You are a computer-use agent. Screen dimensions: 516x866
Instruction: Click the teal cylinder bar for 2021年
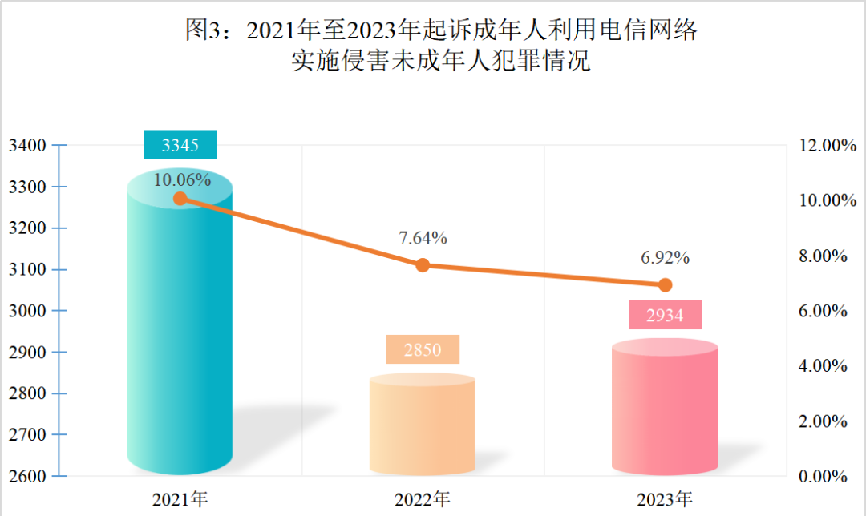(180, 337)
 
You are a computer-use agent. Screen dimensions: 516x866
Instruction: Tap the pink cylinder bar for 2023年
(665, 409)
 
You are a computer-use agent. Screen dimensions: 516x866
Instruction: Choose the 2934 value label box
(665, 315)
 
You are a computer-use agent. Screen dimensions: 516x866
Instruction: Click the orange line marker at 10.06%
(180, 199)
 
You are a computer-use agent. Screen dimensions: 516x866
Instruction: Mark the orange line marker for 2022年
(423, 265)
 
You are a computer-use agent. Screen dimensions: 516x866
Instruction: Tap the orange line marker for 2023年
(665, 284)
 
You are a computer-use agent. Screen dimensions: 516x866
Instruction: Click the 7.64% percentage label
(423, 238)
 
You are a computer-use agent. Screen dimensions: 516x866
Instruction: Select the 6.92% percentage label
(665, 258)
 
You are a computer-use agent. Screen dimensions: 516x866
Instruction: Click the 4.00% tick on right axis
(825, 366)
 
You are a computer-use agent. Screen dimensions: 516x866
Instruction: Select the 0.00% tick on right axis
(825, 476)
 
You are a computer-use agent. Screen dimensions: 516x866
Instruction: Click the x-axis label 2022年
(423, 500)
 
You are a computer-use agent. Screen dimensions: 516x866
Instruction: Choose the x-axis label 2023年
(665, 500)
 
